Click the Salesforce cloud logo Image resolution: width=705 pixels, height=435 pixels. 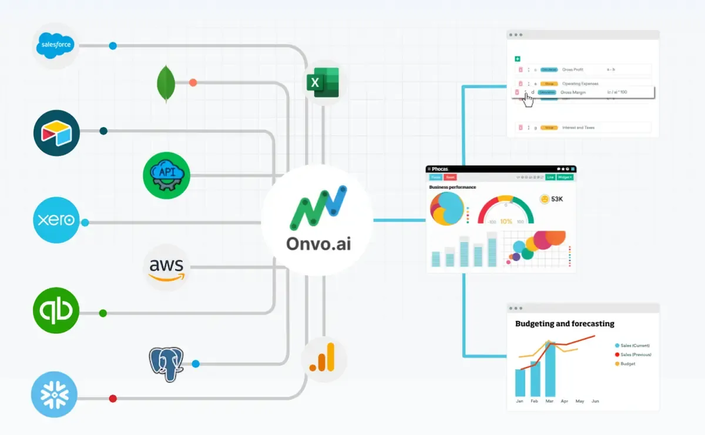56,46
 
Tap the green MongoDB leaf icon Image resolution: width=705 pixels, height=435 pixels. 167,83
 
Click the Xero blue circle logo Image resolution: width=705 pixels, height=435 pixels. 56,220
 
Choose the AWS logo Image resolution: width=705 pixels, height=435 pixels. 166,268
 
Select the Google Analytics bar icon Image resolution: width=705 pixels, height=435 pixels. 323,357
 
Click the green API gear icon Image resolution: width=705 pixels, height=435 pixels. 166,175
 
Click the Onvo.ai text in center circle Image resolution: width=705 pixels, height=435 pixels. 318,243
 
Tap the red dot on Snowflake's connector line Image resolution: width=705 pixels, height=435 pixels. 113,399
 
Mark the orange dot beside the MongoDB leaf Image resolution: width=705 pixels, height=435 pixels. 193,83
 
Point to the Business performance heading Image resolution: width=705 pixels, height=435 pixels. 452,187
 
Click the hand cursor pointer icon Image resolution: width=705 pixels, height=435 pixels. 528,99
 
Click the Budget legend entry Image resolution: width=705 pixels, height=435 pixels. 627,364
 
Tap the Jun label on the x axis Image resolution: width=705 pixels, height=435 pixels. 595,401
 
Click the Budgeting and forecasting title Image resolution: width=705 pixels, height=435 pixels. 565,323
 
